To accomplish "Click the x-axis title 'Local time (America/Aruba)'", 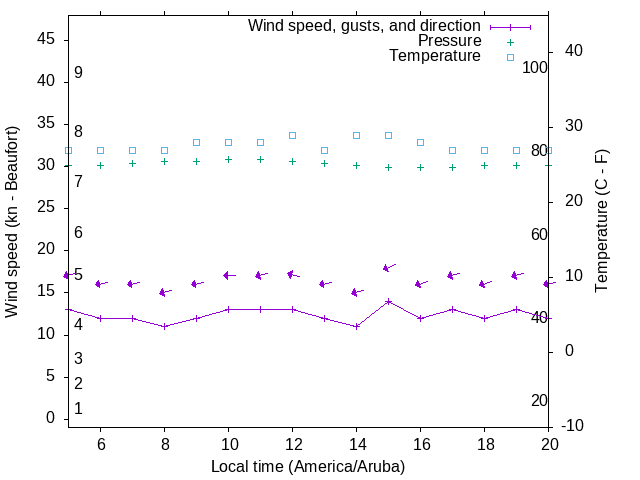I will click(308, 466).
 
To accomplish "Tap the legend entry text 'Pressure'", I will click(449, 41).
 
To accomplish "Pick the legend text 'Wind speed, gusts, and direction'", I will click(364, 26).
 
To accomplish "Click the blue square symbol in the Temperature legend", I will click(510, 57).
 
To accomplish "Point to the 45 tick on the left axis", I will click(45, 39).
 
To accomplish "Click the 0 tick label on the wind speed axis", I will click(50, 418).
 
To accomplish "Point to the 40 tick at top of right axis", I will click(574, 51).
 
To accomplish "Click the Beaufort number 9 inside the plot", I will click(78, 73).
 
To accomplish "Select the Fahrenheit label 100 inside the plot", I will click(535, 67).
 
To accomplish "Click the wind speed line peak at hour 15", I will click(388, 301).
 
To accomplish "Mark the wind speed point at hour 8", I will click(164, 326).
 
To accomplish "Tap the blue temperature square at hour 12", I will click(292, 135).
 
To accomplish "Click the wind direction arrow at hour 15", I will click(388, 267).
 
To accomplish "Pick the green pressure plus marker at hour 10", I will click(228, 159).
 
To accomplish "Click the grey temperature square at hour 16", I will click(420, 142).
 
